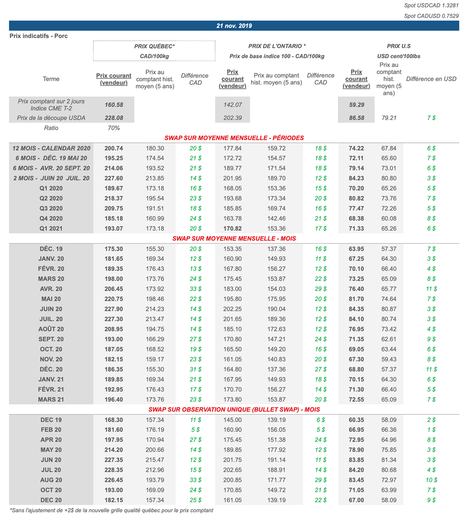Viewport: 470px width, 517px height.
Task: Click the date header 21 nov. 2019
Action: pyautogui.click(x=234, y=26)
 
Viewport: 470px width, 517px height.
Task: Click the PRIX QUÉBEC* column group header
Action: pyautogui.click(x=154, y=46)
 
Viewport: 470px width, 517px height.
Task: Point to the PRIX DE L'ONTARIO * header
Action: pyautogui.click(x=277, y=46)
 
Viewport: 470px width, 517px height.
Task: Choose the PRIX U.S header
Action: pyautogui.click(x=398, y=46)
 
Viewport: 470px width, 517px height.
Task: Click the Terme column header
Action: pyautogui.click(x=51, y=79)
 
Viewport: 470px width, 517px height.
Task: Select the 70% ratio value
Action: pyautogui.click(x=113, y=128)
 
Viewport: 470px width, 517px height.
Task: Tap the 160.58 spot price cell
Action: pyautogui.click(x=114, y=105)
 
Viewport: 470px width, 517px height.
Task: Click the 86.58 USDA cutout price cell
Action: pyautogui.click(x=357, y=118)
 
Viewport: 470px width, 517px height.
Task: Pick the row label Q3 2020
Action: pyautogui.click(x=51, y=209)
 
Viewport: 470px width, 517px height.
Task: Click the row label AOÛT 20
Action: pyautogui.click(x=51, y=329)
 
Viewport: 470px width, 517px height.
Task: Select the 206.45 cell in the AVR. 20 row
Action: pyautogui.click(x=114, y=289)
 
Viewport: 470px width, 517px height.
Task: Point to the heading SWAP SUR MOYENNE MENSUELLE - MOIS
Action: pyautogui.click(x=234, y=239)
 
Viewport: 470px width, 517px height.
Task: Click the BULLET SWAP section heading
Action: pyautogui.click(x=234, y=409)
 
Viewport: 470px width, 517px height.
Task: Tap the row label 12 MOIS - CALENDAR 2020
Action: pyautogui.click(x=51, y=148)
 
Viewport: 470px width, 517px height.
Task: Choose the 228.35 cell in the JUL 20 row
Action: pyautogui.click(x=114, y=470)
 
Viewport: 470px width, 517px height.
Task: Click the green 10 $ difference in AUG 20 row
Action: pyautogui.click(x=431, y=480)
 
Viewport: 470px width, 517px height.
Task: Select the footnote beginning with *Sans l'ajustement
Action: pyautogui.click(x=112, y=510)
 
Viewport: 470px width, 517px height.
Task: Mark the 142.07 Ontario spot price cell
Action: pyautogui.click(x=233, y=105)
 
